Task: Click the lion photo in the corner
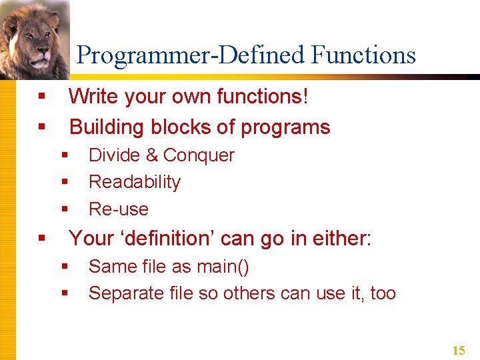click(33, 40)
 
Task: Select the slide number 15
click(459, 351)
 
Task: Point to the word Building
click(107, 127)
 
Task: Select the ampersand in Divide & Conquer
click(151, 155)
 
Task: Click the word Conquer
click(199, 155)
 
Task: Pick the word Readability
click(135, 182)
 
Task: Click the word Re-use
click(119, 209)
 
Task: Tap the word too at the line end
click(383, 293)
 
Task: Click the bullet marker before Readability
click(65, 182)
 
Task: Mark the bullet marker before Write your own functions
click(42, 97)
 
